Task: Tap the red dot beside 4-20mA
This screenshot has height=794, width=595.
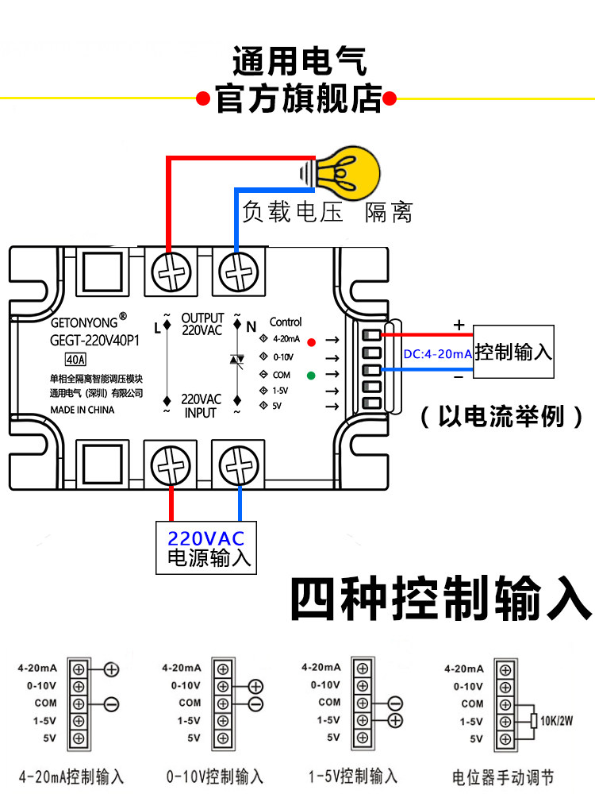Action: pos(312,342)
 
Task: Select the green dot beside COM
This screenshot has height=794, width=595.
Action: pos(312,375)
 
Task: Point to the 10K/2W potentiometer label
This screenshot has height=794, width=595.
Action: pos(556,721)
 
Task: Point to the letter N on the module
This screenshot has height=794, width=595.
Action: pos(251,326)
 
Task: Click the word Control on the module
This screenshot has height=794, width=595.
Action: pos(286,322)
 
